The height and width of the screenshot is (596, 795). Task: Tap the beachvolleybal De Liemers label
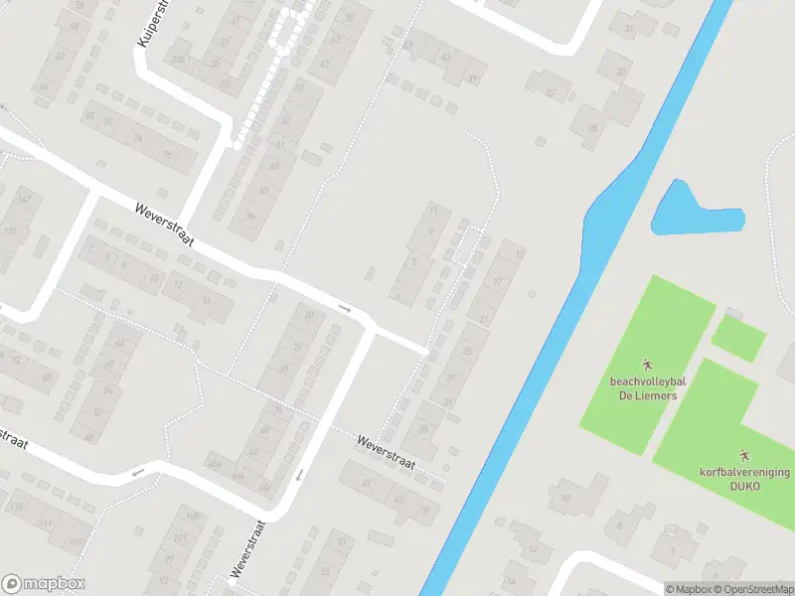coord(643,387)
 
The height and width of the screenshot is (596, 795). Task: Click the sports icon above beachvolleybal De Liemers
coord(645,364)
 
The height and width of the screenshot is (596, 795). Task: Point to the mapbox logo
coord(42,584)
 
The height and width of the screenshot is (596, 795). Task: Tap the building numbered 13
coord(519,254)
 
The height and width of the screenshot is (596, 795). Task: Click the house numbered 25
coord(467,350)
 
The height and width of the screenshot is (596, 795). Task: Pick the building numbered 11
coord(432,211)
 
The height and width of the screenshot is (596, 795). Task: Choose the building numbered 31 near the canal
coord(628,29)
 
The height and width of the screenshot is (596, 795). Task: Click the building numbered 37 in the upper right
coord(550,93)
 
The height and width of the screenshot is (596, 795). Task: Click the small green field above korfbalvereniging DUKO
coord(738,338)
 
